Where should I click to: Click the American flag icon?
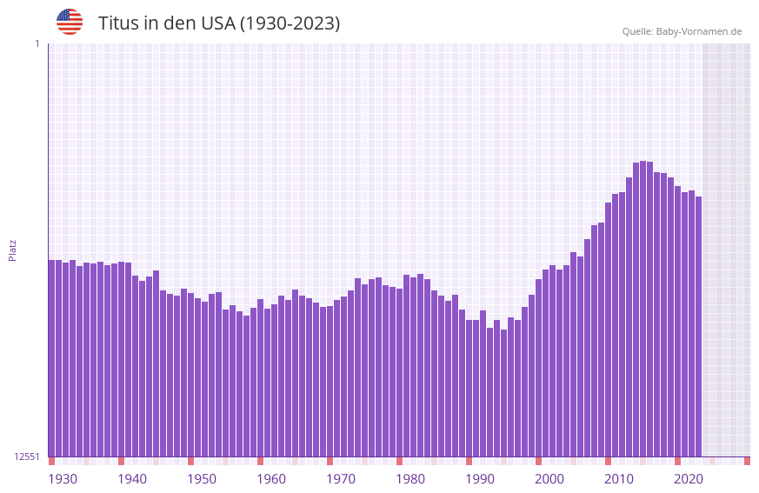[70, 22]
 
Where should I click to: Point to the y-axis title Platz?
[12, 250]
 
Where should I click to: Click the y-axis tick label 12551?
[28, 456]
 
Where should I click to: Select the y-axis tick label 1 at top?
[37, 43]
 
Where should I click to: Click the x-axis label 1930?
[63, 479]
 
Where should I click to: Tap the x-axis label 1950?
[202, 479]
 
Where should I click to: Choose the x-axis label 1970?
[341, 479]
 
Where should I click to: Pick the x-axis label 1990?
[480, 479]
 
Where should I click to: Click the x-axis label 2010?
[619, 479]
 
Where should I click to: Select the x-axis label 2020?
[689, 479]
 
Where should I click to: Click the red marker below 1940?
[121, 461]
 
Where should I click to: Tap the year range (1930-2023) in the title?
[290, 23]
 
